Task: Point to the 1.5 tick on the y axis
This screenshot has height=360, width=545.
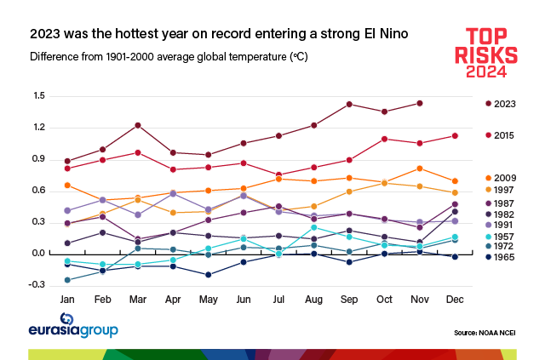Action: tap(38, 96)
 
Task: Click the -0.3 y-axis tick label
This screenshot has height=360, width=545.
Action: tap(37, 285)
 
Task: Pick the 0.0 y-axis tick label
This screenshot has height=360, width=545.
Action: tap(38, 254)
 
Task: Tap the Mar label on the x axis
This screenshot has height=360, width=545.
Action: tap(139, 300)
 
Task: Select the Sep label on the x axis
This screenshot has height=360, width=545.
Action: tap(349, 300)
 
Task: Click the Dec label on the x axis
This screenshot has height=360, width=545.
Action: tap(455, 300)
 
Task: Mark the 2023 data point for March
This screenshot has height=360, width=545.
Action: tap(139, 125)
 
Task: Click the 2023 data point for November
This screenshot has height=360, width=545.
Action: tap(420, 103)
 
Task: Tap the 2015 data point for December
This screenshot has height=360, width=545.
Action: tap(455, 135)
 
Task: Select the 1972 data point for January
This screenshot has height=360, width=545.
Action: tap(67, 280)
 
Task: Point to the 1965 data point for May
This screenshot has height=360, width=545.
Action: tap(209, 274)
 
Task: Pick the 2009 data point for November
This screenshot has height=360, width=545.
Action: tap(420, 169)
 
